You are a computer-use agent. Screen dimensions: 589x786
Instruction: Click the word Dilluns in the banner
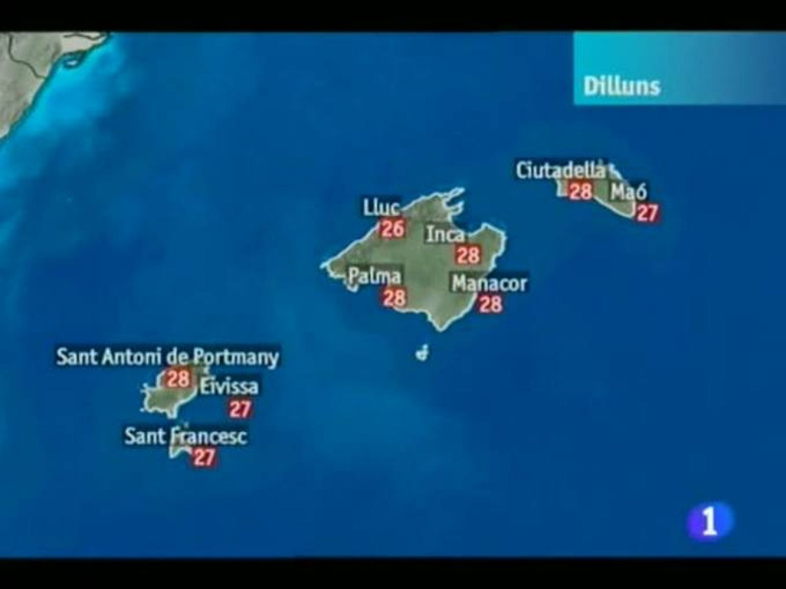coord(621,87)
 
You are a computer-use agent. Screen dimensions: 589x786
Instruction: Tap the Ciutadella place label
coord(561,170)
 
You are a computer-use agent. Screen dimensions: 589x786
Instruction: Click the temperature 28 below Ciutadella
coord(580,190)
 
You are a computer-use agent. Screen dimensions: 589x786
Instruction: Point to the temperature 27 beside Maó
coord(646,213)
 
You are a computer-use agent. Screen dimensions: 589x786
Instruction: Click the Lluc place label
coord(381,208)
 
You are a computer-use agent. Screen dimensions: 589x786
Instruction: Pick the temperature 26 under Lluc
coord(392,229)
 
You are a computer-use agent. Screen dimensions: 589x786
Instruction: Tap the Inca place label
coord(445,234)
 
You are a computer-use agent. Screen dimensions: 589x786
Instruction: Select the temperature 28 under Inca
coord(468,255)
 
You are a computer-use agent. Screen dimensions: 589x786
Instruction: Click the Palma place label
coord(374,276)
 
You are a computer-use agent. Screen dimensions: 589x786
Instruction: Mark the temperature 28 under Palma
coord(394,297)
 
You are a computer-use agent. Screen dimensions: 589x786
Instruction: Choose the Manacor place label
coord(489,284)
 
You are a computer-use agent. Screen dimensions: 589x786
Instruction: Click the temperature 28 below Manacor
coord(490,304)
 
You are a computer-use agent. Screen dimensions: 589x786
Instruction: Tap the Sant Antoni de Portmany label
coord(168,357)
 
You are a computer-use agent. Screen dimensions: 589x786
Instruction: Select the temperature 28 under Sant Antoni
coord(178,378)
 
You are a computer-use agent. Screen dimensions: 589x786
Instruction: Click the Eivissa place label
coord(228,387)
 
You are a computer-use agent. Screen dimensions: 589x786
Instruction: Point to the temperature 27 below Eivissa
coord(240,408)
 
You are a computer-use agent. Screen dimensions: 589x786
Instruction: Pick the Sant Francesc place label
coord(185,436)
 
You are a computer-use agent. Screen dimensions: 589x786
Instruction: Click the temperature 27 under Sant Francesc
coord(204,457)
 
